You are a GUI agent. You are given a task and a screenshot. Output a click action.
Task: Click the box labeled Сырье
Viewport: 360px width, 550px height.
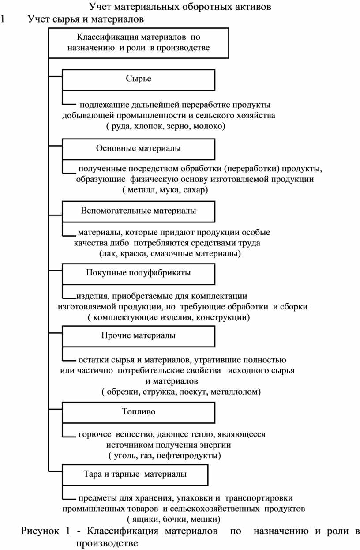(x=139, y=80)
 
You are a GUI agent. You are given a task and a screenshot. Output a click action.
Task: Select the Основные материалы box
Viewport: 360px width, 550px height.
(x=139, y=149)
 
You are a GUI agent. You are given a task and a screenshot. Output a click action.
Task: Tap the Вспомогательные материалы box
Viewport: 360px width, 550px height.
(x=139, y=211)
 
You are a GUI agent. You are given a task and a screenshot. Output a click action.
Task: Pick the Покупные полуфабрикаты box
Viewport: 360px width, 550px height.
(x=139, y=274)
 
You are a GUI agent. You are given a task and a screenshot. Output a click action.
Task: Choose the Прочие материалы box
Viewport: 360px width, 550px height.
(x=139, y=336)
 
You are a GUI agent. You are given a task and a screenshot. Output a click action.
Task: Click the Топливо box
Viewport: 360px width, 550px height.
(x=139, y=412)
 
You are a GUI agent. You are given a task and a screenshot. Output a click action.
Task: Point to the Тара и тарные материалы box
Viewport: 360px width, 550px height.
(x=135, y=475)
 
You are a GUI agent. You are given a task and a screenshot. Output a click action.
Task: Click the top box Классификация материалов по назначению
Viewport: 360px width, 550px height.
(x=139, y=43)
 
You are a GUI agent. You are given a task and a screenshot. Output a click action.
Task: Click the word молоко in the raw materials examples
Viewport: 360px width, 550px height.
(x=209, y=126)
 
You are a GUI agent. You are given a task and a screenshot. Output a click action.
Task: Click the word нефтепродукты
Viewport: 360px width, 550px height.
(x=188, y=456)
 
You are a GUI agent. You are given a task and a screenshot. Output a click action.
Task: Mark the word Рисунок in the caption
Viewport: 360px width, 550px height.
(x=40, y=531)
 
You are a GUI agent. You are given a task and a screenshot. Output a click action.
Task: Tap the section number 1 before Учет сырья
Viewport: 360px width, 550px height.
(x=3, y=19)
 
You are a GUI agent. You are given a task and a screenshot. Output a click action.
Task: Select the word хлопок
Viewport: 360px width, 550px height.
(x=149, y=126)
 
